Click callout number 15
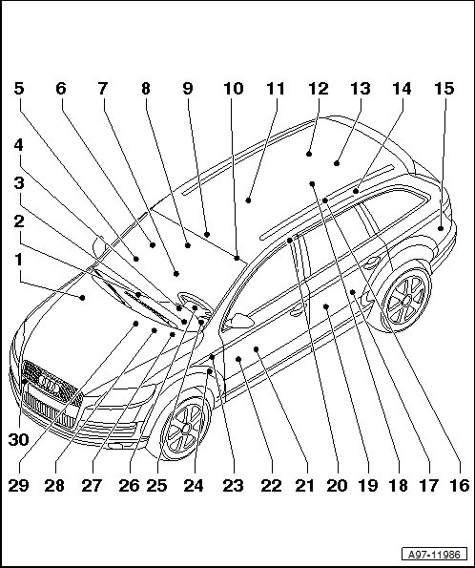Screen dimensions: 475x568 444,89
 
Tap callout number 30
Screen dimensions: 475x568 18,440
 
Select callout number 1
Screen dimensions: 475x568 18,260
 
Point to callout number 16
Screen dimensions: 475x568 460,485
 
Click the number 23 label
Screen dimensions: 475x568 233,485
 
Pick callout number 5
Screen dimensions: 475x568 19,89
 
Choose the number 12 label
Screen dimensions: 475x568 319,89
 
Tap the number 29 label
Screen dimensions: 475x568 18,485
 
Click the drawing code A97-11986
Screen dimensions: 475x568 434,555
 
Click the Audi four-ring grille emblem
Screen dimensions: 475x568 50,384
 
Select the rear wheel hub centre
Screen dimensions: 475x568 406,301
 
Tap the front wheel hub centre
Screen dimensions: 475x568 186,428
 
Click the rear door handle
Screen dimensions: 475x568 372,263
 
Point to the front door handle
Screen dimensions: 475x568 298,310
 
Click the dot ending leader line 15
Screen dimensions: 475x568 441,228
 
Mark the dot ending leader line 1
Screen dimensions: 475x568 83,298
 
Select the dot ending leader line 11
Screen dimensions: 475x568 248,200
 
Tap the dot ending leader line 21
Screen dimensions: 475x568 256,349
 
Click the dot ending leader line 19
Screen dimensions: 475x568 325,200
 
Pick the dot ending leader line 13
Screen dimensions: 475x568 337,163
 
